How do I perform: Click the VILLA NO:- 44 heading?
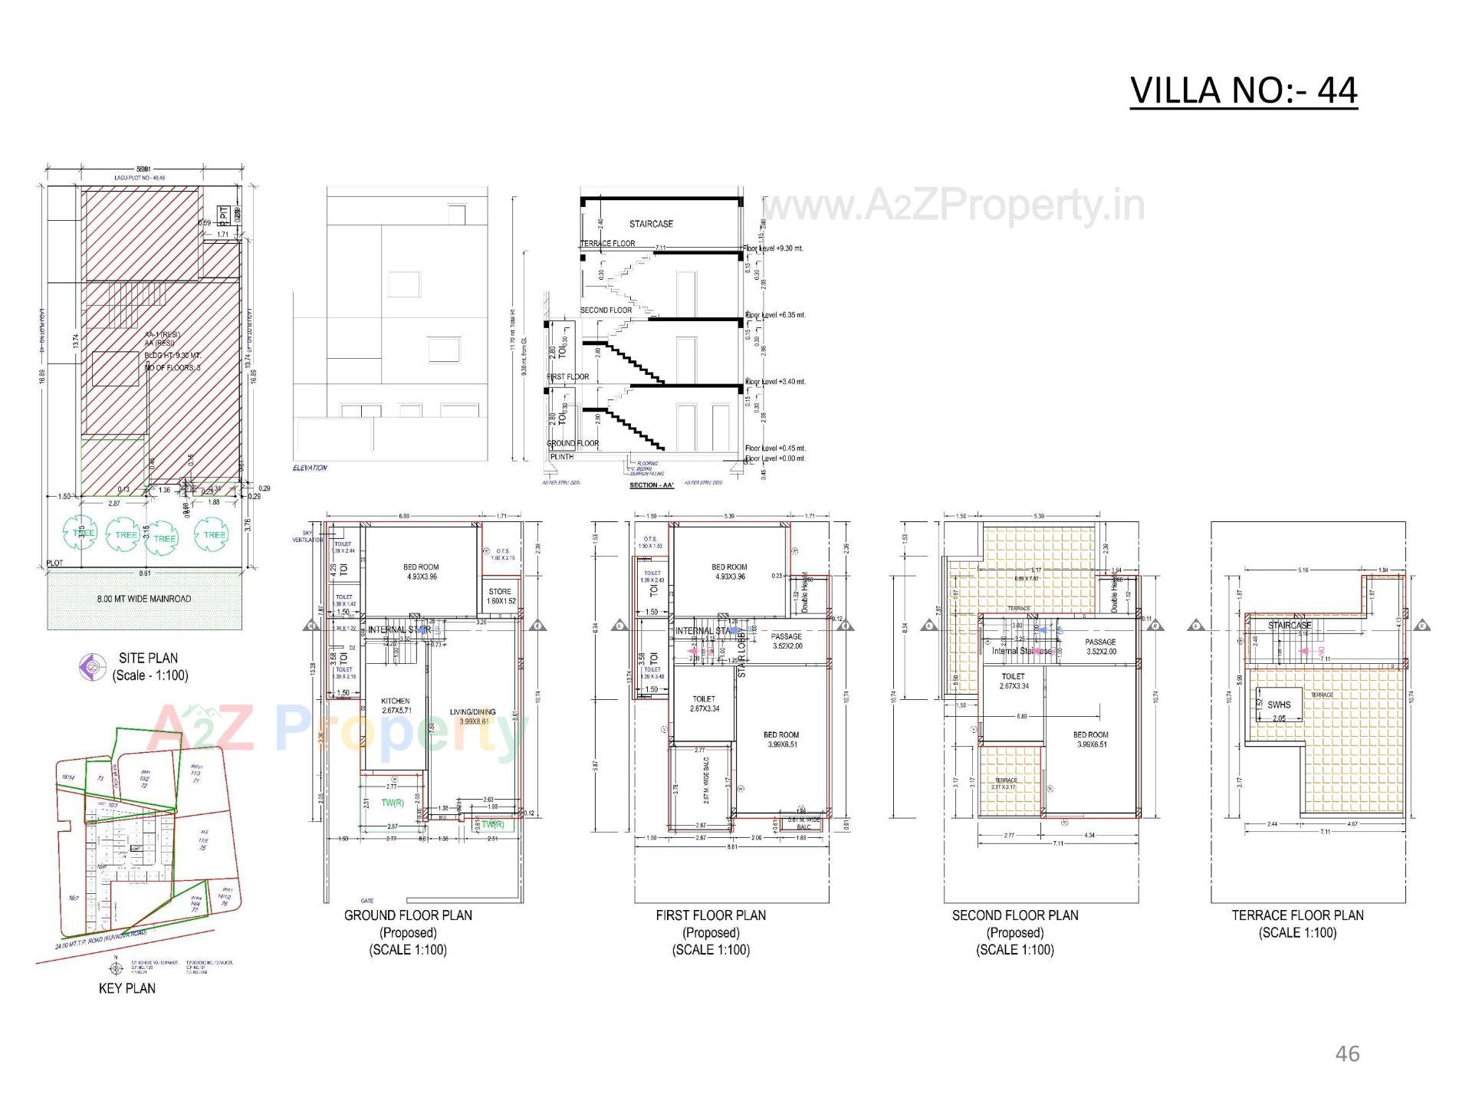(x=1244, y=90)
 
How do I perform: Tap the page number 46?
(x=1347, y=1054)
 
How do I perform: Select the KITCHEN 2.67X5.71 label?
(x=396, y=705)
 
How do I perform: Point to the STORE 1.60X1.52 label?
(x=500, y=596)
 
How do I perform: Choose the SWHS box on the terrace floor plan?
(x=1279, y=707)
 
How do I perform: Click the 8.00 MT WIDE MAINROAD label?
(x=144, y=599)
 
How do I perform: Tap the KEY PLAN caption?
(x=127, y=988)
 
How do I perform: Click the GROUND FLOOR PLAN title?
(x=408, y=915)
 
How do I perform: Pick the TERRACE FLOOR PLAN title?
(x=1297, y=915)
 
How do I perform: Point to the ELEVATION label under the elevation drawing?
(x=310, y=468)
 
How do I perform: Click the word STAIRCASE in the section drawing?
(x=651, y=224)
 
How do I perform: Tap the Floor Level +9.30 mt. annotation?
(x=774, y=249)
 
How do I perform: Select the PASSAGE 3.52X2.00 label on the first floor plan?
(x=787, y=641)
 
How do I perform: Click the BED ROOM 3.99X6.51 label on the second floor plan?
(x=1090, y=739)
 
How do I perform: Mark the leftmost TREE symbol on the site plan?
(x=84, y=533)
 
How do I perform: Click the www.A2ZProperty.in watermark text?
(x=953, y=205)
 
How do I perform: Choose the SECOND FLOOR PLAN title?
(x=1015, y=915)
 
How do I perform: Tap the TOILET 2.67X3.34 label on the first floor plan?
(x=704, y=704)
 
